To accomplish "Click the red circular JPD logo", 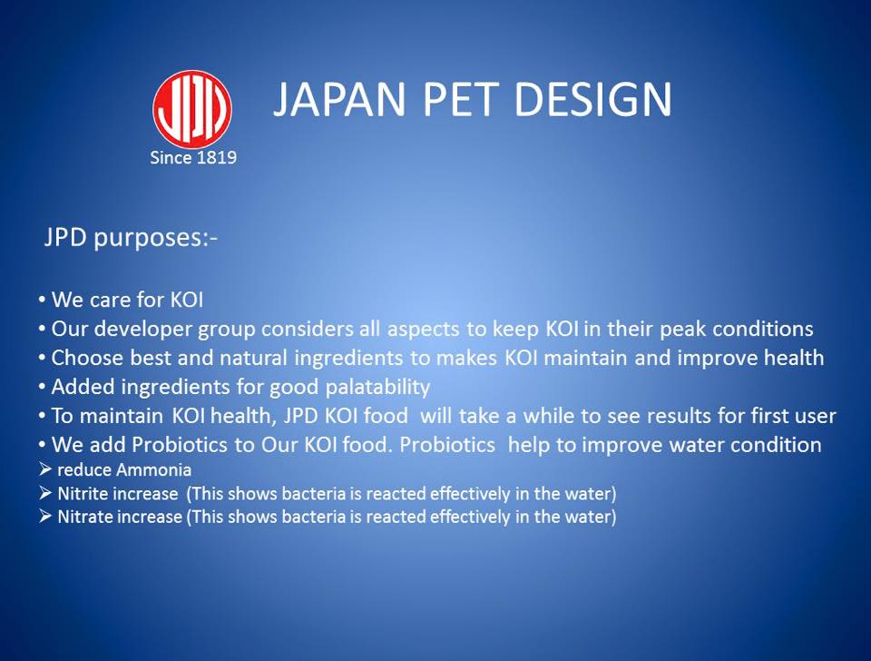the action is click(x=192, y=109).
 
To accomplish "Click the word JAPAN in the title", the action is click(x=340, y=99).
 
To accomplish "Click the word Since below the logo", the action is click(x=171, y=158).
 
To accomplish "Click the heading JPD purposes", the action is click(x=131, y=238).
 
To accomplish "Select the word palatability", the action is click(x=377, y=387).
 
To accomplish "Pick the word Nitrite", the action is click(x=81, y=494).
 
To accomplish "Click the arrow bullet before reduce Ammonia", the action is click(x=45, y=470).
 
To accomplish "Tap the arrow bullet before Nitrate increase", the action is click(x=45, y=517).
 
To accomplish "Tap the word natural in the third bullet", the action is click(x=253, y=358).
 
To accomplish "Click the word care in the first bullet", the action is click(x=110, y=301).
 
